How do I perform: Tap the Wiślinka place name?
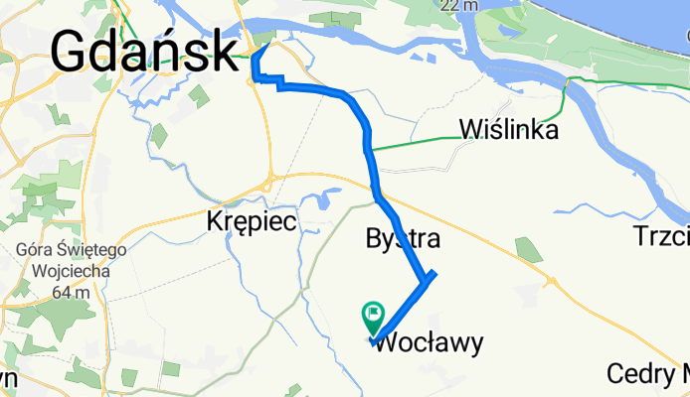tap(508, 129)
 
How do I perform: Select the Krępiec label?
tap(252, 220)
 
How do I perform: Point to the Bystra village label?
tap(403, 239)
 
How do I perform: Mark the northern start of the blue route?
tap(272, 41)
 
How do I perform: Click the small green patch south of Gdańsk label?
tap(199, 95)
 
